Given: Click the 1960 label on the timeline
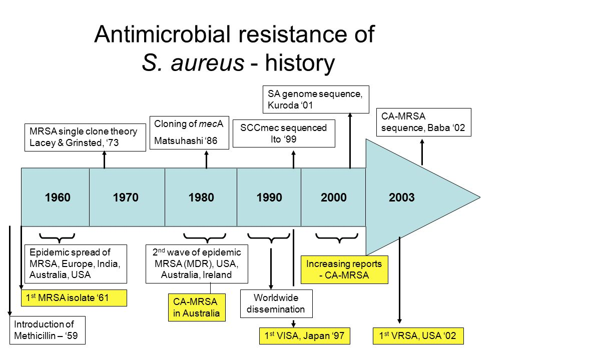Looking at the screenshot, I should click(x=58, y=197).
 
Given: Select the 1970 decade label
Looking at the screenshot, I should click(x=126, y=197).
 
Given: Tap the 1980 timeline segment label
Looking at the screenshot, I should click(x=201, y=197).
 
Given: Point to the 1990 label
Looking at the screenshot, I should click(x=269, y=197).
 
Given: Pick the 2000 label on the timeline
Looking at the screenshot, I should click(x=334, y=197).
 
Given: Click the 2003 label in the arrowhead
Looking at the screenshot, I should click(x=401, y=197).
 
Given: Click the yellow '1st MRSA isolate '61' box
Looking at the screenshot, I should click(x=74, y=298).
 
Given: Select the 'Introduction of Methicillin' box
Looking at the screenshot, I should click(x=48, y=330).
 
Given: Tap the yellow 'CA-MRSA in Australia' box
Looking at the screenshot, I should click(x=197, y=307).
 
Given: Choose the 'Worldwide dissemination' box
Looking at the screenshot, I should click(x=276, y=303).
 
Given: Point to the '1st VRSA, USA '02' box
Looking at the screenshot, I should click(x=418, y=336).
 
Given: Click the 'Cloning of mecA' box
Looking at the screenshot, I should click(x=190, y=132).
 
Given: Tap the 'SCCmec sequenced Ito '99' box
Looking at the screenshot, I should click(x=284, y=133).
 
